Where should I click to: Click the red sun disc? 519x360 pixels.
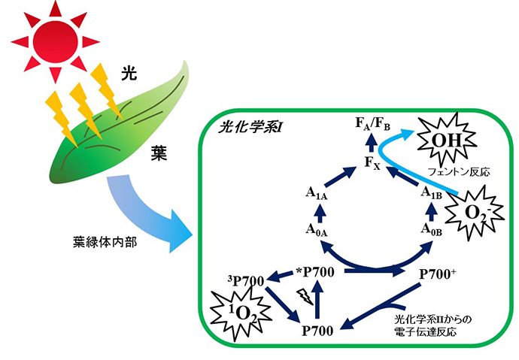click(x=56, y=42)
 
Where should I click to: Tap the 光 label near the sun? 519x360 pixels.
click(x=129, y=73)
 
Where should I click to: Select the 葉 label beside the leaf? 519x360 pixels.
click(x=159, y=153)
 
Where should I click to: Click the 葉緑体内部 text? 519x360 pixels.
click(x=105, y=242)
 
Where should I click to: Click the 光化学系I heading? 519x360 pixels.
click(x=250, y=127)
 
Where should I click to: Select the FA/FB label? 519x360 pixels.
click(x=372, y=123)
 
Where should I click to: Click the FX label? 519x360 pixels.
click(x=372, y=162)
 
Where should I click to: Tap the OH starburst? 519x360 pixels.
click(x=447, y=141)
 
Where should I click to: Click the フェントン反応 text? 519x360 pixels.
click(x=459, y=172)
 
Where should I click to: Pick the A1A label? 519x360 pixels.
click(x=317, y=193)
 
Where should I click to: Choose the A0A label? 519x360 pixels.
click(x=317, y=230)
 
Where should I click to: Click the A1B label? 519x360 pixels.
click(x=431, y=192)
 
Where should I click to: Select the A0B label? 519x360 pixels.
click(x=431, y=229)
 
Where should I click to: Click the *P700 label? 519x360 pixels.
click(x=315, y=272)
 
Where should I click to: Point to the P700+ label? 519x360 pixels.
click(x=438, y=274)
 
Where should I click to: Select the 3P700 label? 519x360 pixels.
click(x=246, y=280)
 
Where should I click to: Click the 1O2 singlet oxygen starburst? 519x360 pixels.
click(x=241, y=313)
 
